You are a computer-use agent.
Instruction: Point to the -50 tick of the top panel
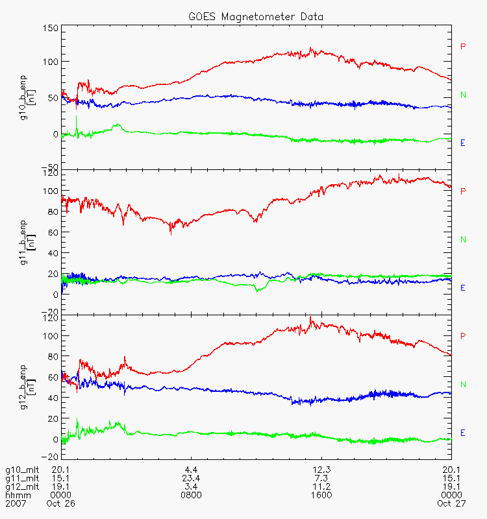tap(50, 166)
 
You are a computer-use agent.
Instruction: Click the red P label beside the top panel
tap(463, 47)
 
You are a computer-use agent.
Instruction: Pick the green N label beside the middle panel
tap(463, 240)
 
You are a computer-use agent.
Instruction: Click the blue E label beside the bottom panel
tap(463, 433)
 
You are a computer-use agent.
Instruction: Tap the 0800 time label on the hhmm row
tap(191, 495)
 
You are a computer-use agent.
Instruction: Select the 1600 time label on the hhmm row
tap(321, 495)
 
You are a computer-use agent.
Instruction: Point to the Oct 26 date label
tap(58, 503)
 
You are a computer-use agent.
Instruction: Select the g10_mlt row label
tap(19, 470)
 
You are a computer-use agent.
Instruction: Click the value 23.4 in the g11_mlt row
tap(191, 478)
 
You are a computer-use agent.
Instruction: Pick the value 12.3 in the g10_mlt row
tap(321, 470)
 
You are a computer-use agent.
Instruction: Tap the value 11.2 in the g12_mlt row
tap(321, 487)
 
